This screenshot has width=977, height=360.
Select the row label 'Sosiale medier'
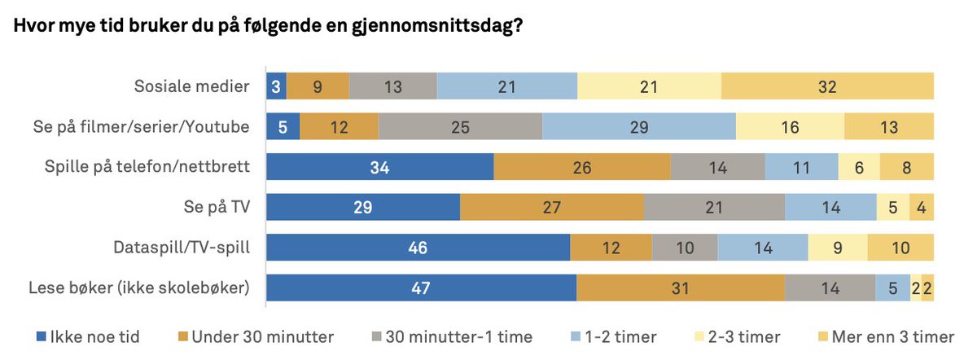191,86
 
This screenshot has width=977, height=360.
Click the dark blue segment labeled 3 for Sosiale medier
276,86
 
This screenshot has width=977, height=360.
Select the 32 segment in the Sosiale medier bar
827,86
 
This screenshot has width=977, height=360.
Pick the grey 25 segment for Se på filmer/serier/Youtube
460,126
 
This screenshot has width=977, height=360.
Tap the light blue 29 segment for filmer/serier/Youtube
638,126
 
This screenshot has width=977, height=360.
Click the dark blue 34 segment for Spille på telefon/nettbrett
380,166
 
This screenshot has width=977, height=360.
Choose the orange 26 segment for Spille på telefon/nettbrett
581,166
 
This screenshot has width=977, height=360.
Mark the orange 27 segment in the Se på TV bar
551,207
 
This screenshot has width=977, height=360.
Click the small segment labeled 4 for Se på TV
921,207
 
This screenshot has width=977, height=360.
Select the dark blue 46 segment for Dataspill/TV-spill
418,247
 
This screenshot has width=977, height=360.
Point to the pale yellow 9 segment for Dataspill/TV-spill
837,247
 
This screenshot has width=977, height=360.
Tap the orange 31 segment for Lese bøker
680,287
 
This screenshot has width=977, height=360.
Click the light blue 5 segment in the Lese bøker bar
892,287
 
